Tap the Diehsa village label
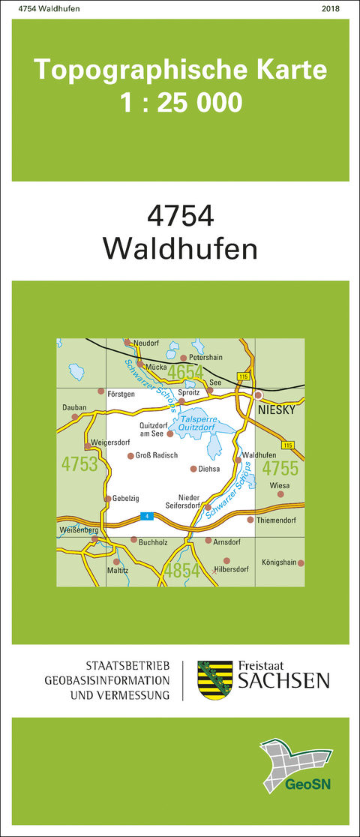pos(210,469)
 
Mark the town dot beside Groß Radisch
pos(130,455)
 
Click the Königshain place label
pos(279,562)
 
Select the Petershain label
pos(207,358)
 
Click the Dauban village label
pos(75,408)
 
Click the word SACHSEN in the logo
pos(283,680)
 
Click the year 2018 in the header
pos(330,8)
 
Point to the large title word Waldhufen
pos(180,248)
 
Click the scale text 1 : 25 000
pos(181,102)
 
